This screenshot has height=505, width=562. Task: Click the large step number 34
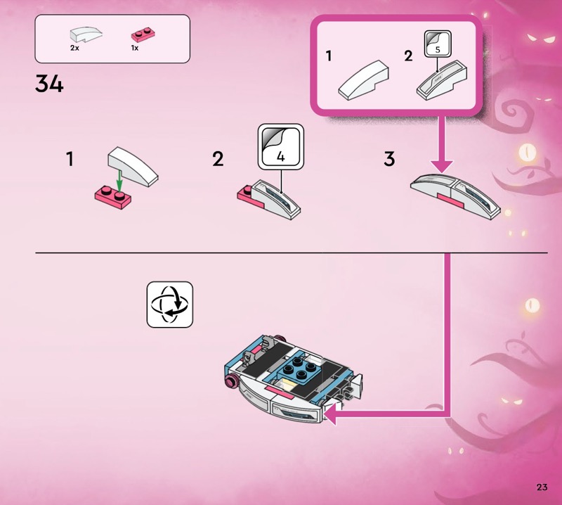[x=49, y=84]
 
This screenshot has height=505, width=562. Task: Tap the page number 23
[x=542, y=487]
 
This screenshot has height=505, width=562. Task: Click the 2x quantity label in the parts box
[x=74, y=48]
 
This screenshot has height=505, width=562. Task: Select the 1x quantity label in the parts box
[x=135, y=48]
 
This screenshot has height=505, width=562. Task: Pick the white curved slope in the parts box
[x=86, y=34]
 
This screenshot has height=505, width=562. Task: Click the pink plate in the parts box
[x=143, y=34]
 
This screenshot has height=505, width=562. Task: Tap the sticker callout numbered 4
[x=281, y=146]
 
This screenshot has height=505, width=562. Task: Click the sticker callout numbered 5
[x=438, y=44]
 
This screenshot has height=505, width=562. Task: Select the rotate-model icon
[x=170, y=305]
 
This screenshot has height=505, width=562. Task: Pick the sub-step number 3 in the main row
[x=389, y=159]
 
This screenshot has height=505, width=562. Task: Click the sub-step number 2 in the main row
[x=218, y=159]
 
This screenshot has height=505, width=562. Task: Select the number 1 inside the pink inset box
[x=329, y=56]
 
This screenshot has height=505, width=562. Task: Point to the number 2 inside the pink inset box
[x=408, y=56]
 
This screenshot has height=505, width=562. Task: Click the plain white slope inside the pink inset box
[x=363, y=79]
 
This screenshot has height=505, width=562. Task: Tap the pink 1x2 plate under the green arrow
[x=113, y=198]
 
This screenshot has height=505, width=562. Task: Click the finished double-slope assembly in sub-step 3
[x=455, y=196]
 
